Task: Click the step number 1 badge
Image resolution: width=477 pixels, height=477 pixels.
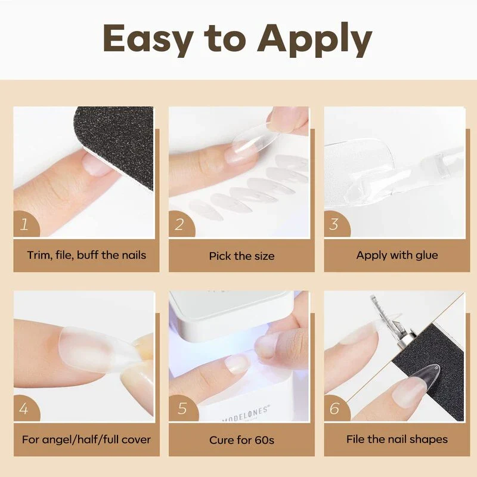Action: pyautogui.click(x=25, y=225)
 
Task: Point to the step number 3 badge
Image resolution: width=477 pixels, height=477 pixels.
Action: pyautogui.click(x=335, y=225)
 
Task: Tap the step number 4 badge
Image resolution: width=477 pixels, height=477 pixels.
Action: pyautogui.click(x=25, y=409)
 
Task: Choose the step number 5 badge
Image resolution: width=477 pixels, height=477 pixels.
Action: pyautogui.click(x=181, y=409)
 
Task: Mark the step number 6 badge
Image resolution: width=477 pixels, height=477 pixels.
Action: pyautogui.click(x=335, y=409)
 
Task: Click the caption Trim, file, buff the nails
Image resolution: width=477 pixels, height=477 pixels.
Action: pyautogui.click(x=86, y=255)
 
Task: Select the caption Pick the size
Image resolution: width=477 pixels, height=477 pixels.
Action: pyautogui.click(x=241, y=256)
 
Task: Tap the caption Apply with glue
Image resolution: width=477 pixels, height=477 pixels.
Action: pyautogui.click(x=397, y=255)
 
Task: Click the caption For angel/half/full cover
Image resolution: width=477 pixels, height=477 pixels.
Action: pyautogui.click(x=86, y=440)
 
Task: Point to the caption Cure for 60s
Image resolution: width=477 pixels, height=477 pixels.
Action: pyautogui.click(x=241, y=441)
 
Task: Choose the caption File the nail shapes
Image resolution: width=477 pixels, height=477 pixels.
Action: pyautogui.click(x=397, y=439)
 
